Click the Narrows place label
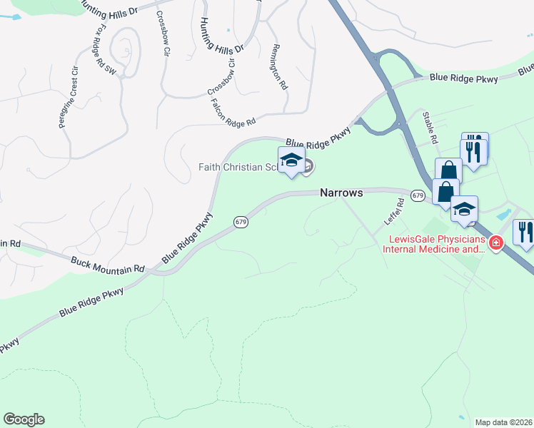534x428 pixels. pos(342,193)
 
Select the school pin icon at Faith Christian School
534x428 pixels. pos(291,162)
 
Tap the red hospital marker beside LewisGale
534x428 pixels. pos(496,243)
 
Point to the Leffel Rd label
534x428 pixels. pos(395,210)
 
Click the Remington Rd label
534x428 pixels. pos(278,66)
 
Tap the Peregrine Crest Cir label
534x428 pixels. pos(68,97)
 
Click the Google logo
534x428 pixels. pos(24,419)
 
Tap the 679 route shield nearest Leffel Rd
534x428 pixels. pos(418,195)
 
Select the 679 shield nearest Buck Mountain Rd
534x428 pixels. pos(241,223)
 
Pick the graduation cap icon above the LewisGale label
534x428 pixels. pos(464,208)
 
